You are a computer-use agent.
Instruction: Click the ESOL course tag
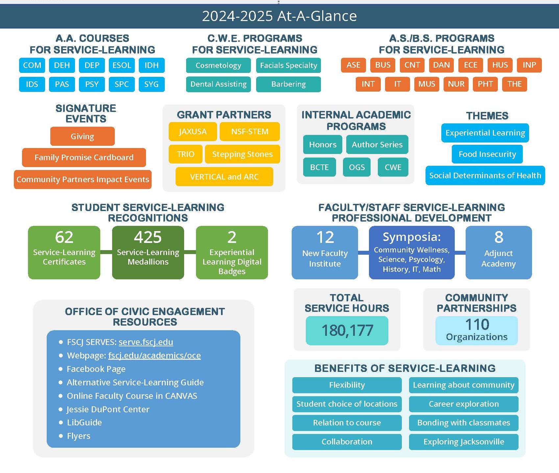point(122,65)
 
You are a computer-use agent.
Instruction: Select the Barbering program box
point(288,84)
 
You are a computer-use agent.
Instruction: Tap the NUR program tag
point(456,84)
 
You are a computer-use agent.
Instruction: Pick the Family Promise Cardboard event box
point(84,158)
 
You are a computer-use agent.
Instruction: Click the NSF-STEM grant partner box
point(250,132)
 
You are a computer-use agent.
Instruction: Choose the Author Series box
point(377,145)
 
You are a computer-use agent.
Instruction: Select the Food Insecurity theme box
point(487,154)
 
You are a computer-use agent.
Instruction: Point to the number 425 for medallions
point(148,237)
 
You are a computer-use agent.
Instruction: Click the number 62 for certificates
point(64,237)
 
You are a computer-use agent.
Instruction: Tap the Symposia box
point(412,252)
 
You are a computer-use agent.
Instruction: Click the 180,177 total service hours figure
point(347,331)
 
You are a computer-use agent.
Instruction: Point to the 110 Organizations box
point(476,330)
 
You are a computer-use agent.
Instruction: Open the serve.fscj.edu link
point(146,342)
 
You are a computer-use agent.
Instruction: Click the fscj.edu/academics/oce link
point(154,355)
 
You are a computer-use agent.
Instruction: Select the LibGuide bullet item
point(84,422)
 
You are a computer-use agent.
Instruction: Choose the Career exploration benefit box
point(464,404)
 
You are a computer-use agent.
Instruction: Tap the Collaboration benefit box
point(347,442)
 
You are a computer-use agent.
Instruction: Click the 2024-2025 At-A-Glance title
point(279,16)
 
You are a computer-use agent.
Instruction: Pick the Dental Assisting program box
point(218,84)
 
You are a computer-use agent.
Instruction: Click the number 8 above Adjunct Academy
point(498,237)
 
